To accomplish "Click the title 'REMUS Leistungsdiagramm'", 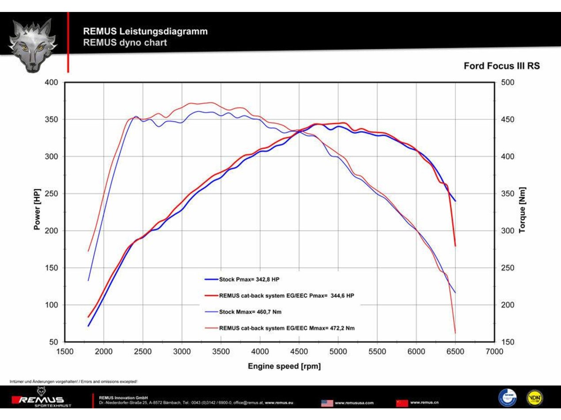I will click(145, 31).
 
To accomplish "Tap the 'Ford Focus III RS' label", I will click(501, 66).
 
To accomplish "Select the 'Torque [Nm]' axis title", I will click(523, 210).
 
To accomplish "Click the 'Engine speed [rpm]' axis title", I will click(284, 366).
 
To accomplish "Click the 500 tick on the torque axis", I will click(507, 82).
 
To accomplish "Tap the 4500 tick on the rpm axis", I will click(299, 351).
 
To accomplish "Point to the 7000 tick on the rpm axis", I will click(494, 351).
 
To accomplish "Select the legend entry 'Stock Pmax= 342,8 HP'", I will click(249, 279).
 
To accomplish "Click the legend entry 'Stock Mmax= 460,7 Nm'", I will click(250, 312).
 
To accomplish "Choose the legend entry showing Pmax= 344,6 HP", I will click(286, 296).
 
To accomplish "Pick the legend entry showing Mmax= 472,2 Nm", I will click(286, 328).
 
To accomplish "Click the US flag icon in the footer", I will click(327, 403).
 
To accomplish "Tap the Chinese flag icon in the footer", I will click(402, 403).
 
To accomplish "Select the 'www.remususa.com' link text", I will click(354, 403).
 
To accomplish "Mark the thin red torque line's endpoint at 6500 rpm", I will click(455, 333).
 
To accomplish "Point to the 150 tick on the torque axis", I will click(507, 342).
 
